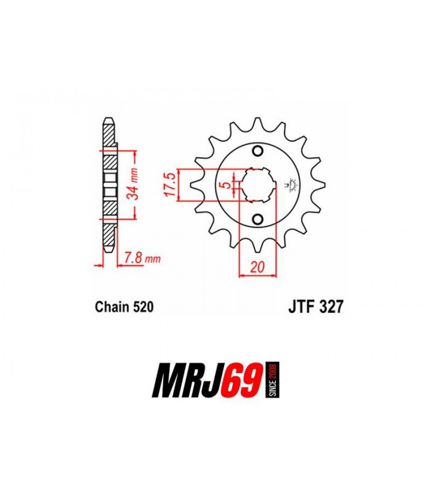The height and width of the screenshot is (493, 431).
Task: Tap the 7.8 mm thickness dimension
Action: [x=142, y=258]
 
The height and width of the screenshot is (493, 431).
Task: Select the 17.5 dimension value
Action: [x=171, y=185]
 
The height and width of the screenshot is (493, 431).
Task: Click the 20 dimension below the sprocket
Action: [x=257, y=267]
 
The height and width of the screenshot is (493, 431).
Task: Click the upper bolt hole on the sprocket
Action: [x=258, y=152]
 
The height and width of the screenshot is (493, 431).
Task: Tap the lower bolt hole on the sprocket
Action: [x=258, y=219]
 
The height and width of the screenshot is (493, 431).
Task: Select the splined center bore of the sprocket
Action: [x=258, y=185]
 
